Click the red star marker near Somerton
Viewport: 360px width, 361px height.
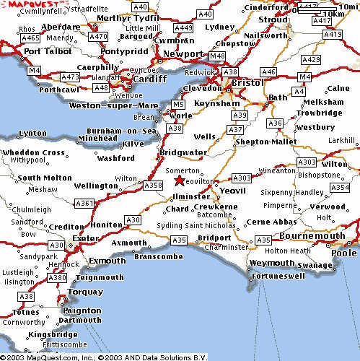(x=179, y=181)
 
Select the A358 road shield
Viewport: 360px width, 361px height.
(x=153, y=186)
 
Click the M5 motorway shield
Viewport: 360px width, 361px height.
(x=178, y=105)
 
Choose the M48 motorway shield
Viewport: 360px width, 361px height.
(x=216, y=56)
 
